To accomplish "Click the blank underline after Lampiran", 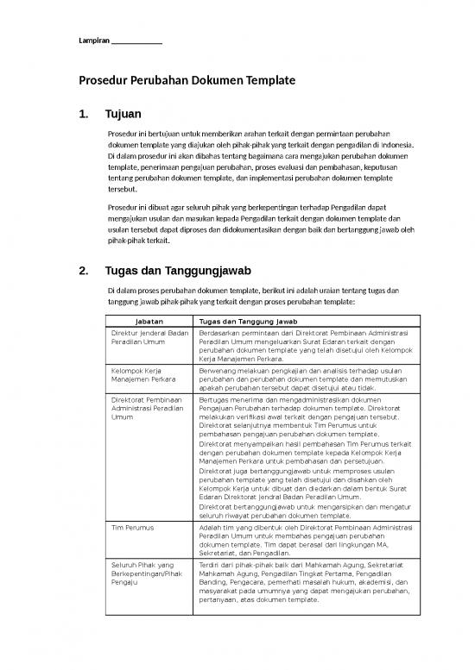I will coord(137,44).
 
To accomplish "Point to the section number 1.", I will coord(84,114).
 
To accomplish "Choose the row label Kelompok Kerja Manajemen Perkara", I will coord(138,373).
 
